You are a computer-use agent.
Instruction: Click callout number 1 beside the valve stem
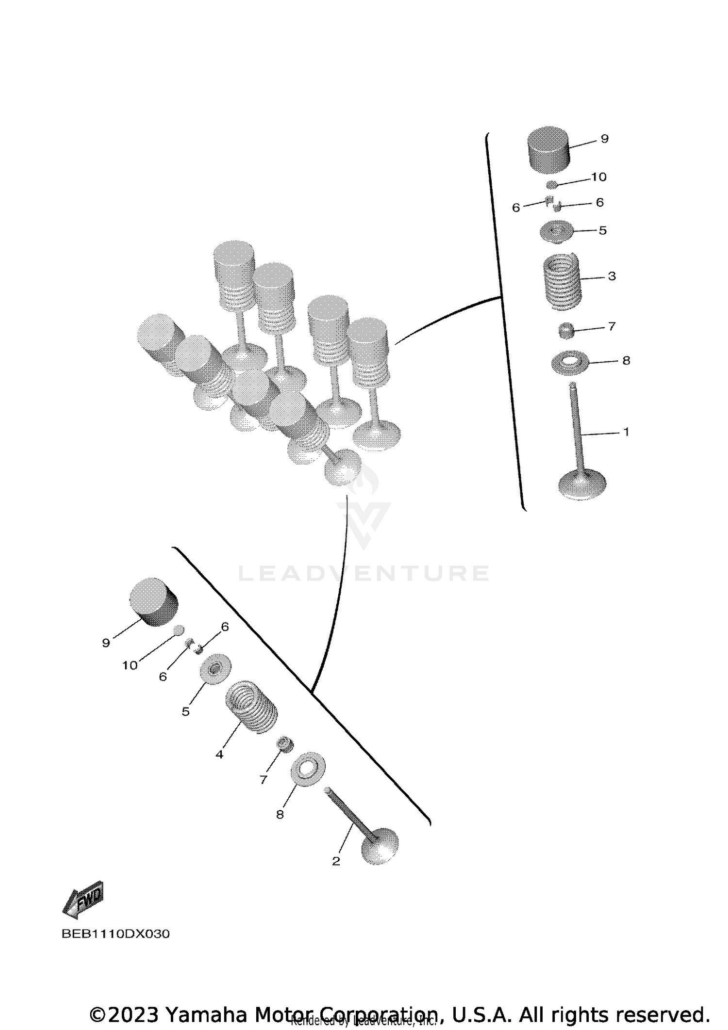click(x=626, y=432)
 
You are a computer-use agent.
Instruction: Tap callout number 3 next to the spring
click(x=612, y=276)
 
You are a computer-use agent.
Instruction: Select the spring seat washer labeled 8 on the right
click(x=570, y=361)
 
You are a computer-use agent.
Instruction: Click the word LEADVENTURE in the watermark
click(x=364, y=574)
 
